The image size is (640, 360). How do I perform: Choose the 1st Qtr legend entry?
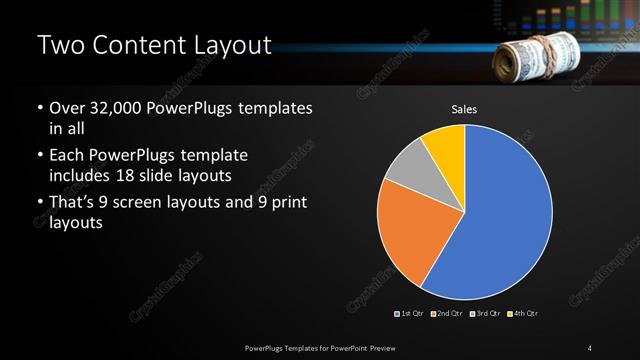(411, 314)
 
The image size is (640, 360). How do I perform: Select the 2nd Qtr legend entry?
(447, 314)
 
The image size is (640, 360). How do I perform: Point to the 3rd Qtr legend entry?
(484, 314)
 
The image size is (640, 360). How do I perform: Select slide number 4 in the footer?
(590, 347)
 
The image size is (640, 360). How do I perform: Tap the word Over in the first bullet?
(66, 108)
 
